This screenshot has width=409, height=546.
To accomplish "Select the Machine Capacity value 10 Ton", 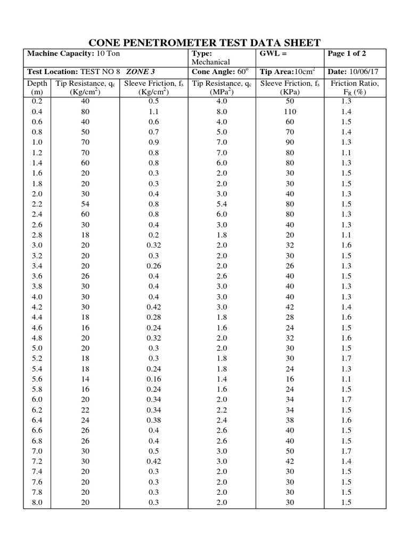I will pos(109,54).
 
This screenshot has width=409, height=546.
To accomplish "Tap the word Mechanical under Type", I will pos(210,62).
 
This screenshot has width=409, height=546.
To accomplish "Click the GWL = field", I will pos(274,54).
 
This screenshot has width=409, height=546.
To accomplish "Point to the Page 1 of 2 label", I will pos(347,54).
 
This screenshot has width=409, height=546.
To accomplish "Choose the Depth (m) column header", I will pos(37,87).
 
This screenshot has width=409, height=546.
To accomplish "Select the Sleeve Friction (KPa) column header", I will pos(290,87).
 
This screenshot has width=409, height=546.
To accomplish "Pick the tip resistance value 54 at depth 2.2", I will pos(85,204).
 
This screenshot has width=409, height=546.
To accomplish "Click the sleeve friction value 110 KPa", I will pos(290,112).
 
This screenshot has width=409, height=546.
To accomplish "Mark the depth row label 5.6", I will pos(37,379).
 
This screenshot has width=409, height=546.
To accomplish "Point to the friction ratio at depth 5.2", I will pos(346,358).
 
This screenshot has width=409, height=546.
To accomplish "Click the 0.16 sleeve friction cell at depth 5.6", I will pos(153,379).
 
